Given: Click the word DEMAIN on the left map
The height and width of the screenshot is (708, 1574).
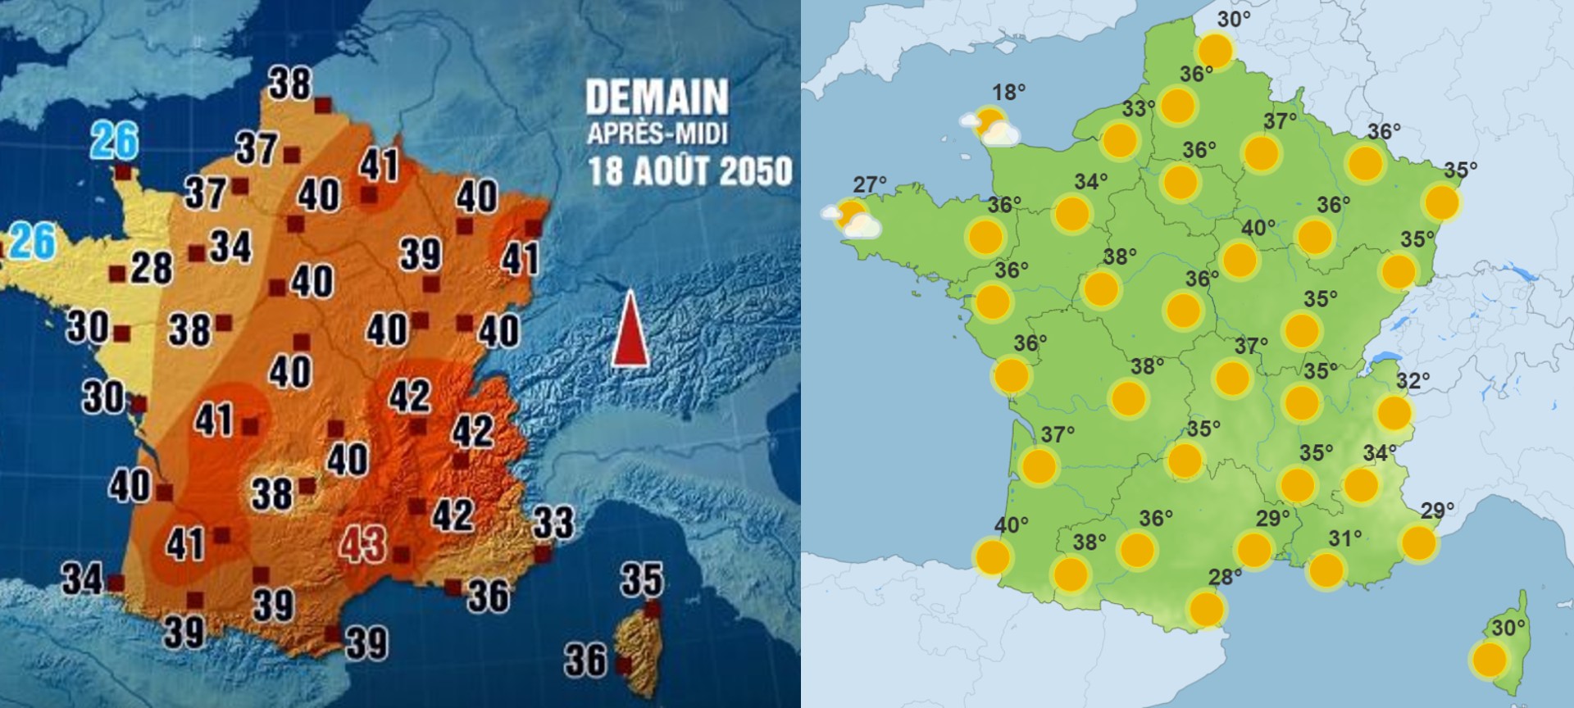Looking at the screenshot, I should [x=657, y=98].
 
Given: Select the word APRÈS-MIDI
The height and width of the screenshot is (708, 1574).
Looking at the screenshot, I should [x=657, y=134].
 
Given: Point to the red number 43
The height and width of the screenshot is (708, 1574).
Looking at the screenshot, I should [x=363, y=543].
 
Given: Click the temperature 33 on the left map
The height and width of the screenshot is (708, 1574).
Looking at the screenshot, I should [x=553, y=523].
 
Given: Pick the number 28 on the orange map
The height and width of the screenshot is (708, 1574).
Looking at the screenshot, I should [x=152, y=267].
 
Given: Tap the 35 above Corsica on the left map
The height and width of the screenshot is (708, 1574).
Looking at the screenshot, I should [x=641, y=579].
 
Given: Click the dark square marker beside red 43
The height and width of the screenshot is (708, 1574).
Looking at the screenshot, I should [x=401, y=556].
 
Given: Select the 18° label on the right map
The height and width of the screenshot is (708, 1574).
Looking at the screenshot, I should [x=1009, y=93].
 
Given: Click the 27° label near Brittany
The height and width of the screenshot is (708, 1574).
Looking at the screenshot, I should [x=870, y=184].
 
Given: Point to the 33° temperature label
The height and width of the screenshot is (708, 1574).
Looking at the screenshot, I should [x=1139, y=108].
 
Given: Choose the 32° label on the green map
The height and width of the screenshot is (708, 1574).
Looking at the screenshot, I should [x=1413, y=380].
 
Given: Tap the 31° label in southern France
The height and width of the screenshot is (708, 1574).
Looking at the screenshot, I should [x=1345, y=538].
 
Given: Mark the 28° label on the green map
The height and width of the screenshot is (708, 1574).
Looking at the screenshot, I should [x=1225, y=577].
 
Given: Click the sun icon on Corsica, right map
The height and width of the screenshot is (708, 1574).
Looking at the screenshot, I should [x=1489, y=660].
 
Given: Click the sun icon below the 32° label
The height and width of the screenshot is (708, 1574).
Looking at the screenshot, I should [x=1394, y=413].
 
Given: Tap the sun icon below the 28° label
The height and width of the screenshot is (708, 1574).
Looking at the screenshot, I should [x=1206, y=610].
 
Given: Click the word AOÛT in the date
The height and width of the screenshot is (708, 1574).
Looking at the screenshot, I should [x=668, y=172].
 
